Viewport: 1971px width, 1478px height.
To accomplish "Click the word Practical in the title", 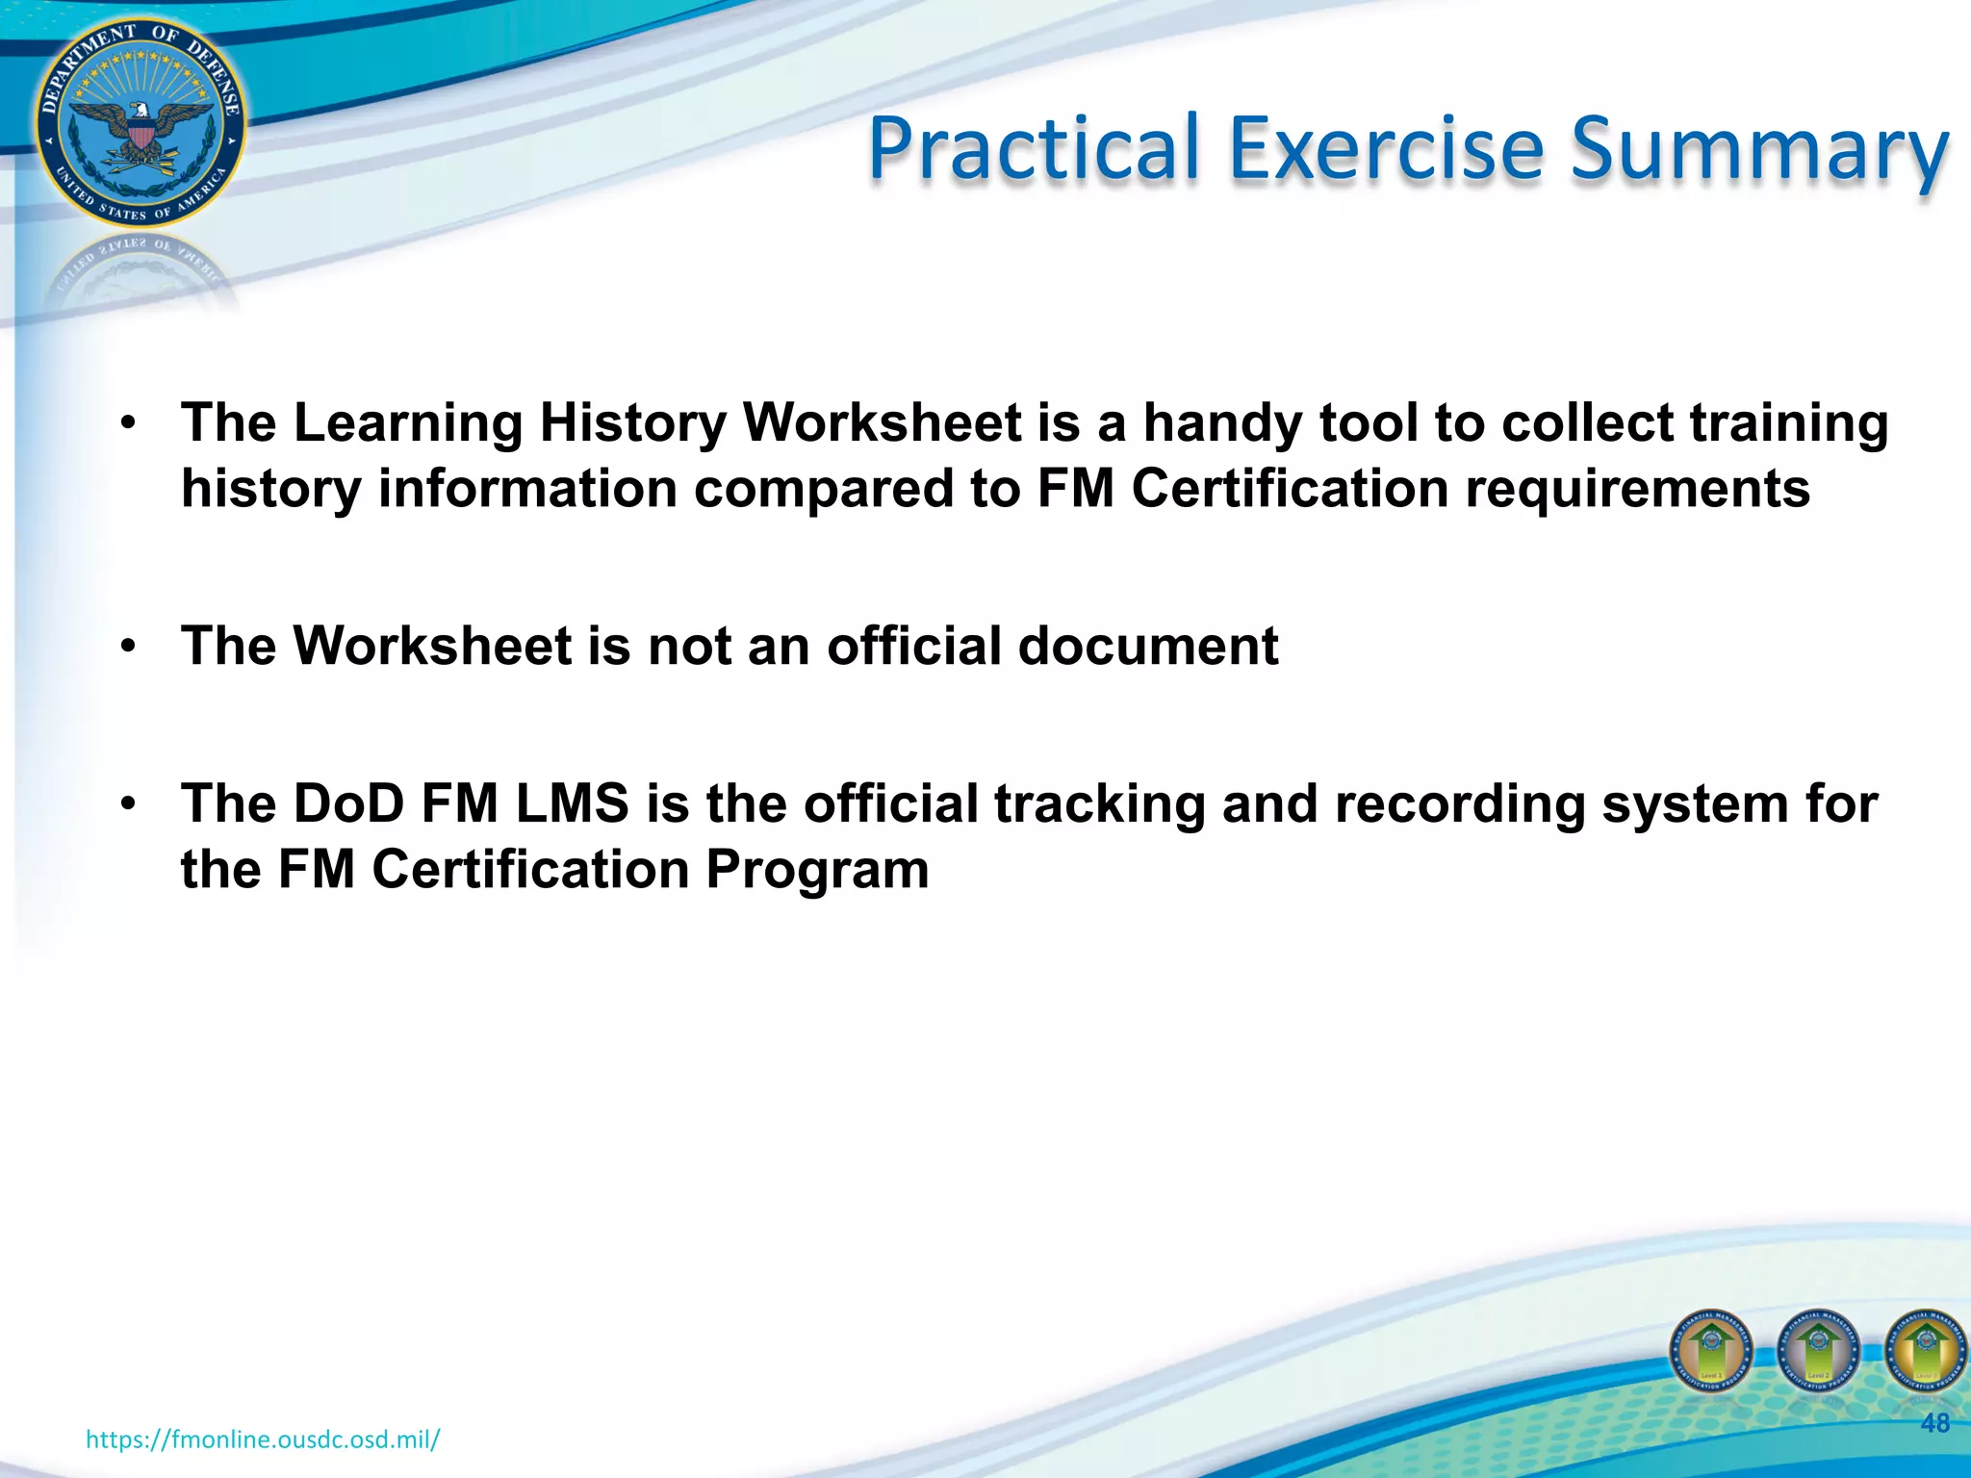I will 1035,149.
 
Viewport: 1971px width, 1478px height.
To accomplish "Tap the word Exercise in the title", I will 1387,149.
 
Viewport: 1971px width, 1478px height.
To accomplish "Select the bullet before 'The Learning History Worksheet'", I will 128,424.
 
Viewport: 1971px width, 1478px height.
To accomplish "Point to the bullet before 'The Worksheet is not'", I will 128,647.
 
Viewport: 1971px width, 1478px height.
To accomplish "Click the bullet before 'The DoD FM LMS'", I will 128,804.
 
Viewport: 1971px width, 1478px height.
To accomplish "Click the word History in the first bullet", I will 632,423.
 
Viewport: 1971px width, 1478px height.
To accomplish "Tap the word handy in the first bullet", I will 1222,423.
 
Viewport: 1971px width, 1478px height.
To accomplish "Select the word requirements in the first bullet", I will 1637,489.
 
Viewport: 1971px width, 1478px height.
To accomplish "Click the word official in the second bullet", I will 914,646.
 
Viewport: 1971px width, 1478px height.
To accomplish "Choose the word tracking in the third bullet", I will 1099,805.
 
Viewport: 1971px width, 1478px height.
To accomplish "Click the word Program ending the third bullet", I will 817,871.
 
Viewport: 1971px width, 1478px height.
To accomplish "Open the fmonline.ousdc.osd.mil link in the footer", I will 263,1440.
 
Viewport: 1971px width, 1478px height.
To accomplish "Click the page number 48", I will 1934,1423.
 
